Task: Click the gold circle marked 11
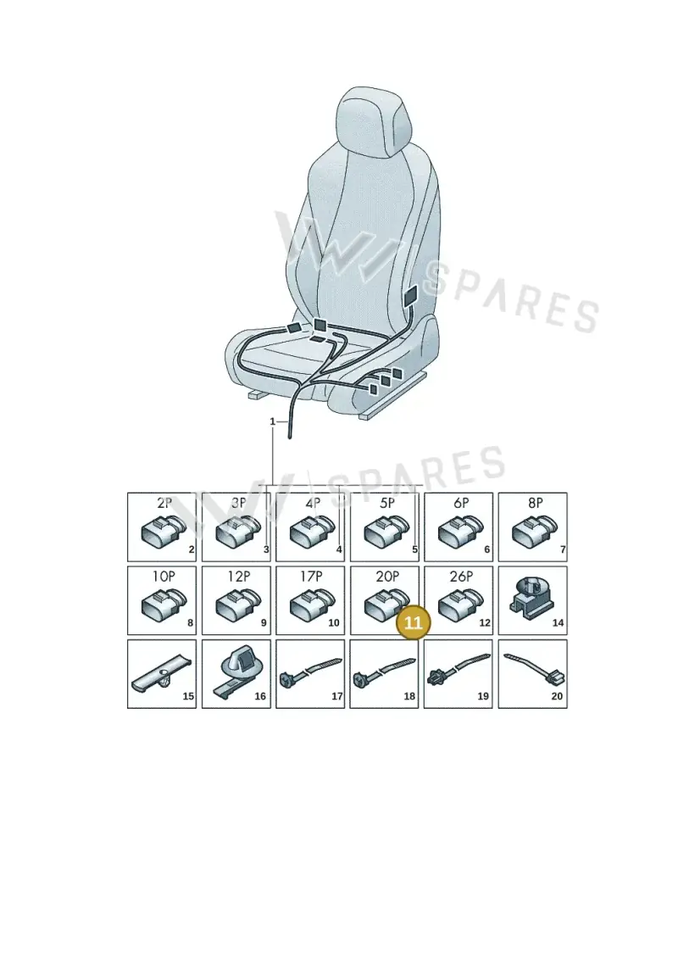click(x=414, y=622)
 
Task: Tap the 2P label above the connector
click(x=164, y=503)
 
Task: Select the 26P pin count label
click(x=461, y=576)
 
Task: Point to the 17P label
click(x=310, y=576)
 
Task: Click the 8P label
click(x=536, y=503)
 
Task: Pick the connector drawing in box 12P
click(x=238, y=604)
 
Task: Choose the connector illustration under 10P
click(x=164, y=604)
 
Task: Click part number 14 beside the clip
click(x=558, y=622)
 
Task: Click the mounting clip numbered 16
click(x=236, y=672)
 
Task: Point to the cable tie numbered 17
click(x=310, y=672)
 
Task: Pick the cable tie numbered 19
click(x=458, y=668)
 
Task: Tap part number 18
click(x=409, y=696)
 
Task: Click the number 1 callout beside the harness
click(x=273, y=421)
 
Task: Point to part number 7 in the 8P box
click(x=563, y=549)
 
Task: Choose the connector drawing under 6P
click(x=460, y=530)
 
